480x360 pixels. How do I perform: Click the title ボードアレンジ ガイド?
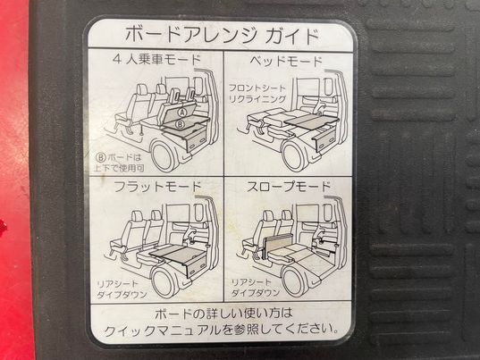pyautogui.click(x=223, y=35)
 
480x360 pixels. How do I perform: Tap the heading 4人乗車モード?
pyautogui.click(x=156, y=59)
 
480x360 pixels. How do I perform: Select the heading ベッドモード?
pyautogui.click(x=286, y=62)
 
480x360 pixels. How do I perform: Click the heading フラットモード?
pyautogui.click(x=157, y=187)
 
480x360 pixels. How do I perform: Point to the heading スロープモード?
pyautogui.click(x=289, y=187)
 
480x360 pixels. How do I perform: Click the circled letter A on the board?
pyautogui.click(x=182, y=113)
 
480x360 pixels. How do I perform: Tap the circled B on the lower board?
pyautogui.click(x=181, y=124)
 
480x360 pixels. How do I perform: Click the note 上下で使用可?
pyautogui.click(x=119, y=168)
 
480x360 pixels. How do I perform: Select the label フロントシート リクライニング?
pyautogui.click(x=257, y=94)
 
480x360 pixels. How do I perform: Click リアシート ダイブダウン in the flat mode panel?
pyautogui.click(x=122, y=289)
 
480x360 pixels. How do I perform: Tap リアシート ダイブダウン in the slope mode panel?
pyautogui.click(x=256, y=288)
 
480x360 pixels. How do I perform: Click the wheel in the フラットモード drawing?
pyautogui.click(x=164, y=282)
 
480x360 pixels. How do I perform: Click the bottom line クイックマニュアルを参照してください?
pyautogui.click(x=222, y=330)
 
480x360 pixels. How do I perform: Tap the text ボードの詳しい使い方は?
pyautogui.click(x=223, y=314)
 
